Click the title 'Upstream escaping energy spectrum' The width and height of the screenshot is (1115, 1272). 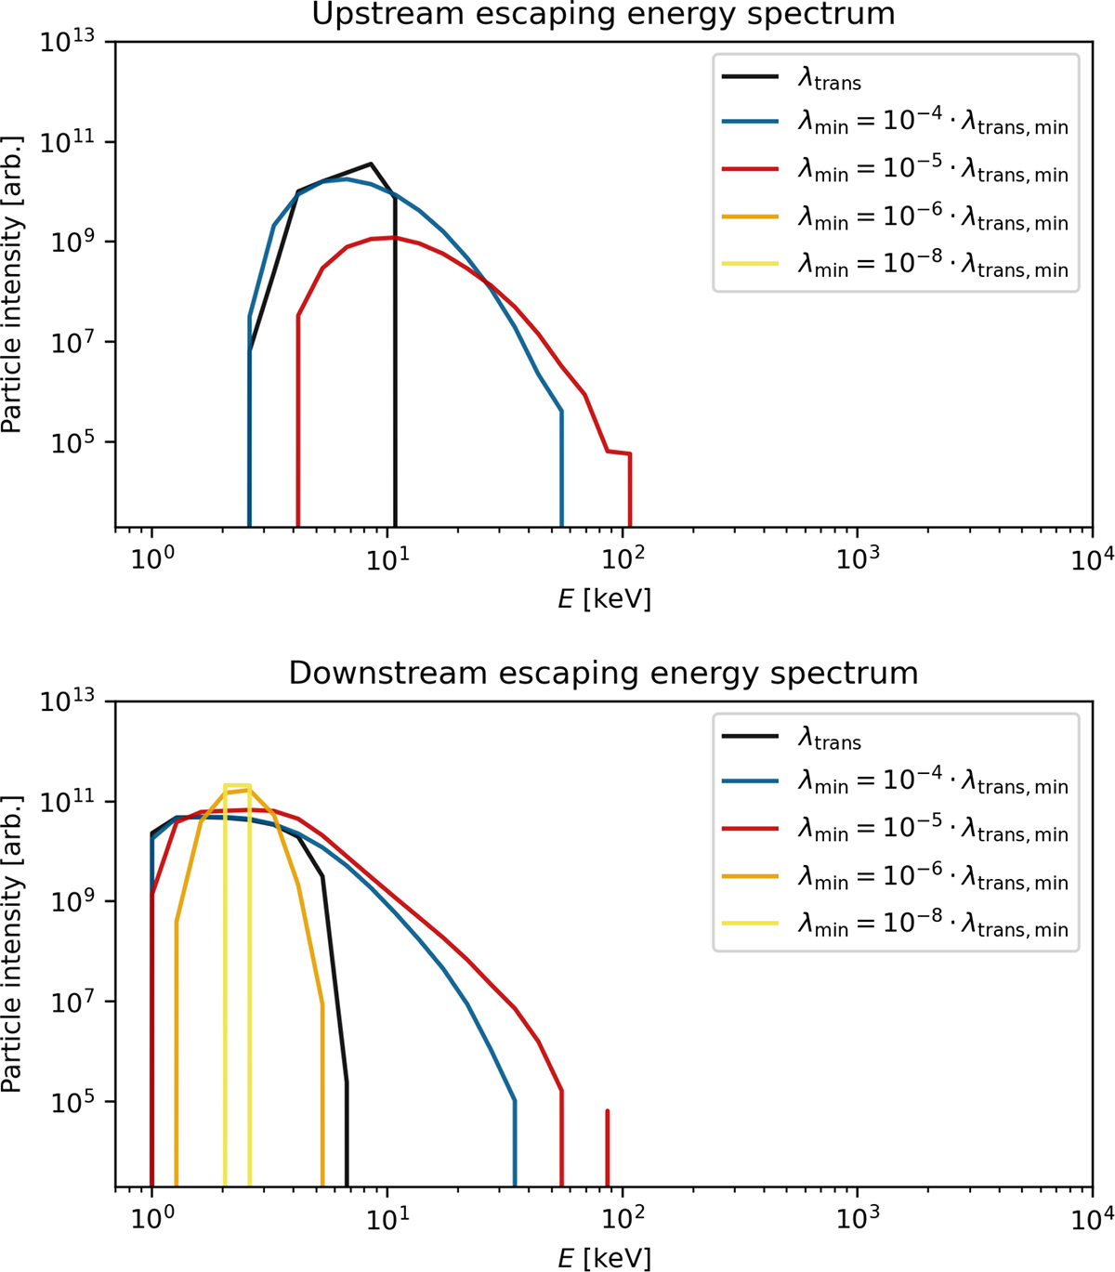[603, 14]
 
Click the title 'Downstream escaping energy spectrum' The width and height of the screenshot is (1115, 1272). [603, 673]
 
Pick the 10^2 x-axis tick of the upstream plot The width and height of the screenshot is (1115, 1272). [621, 560]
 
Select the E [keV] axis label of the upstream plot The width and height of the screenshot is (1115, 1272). [604, 599]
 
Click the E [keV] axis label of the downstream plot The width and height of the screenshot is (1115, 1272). [604, 1258]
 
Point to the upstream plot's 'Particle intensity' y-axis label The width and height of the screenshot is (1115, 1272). [13, 284]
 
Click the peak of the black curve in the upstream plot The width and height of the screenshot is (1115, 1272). [371, 164]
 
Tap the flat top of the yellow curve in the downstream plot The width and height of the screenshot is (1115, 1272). [237, 786]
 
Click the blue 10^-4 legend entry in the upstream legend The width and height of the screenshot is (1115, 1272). [894, 124]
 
